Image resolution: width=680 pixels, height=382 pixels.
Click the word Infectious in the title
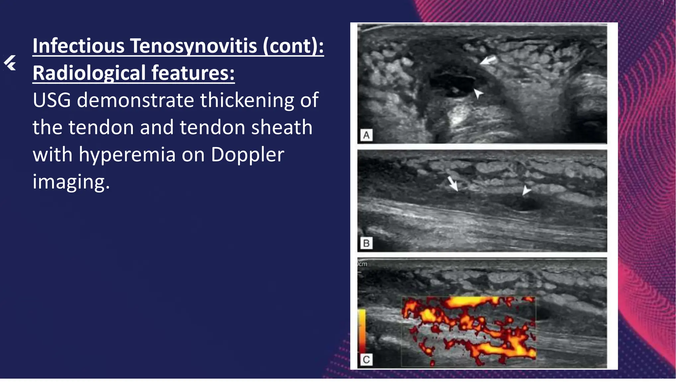[x=78, y=46]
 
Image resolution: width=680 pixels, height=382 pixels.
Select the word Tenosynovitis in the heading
[x=194, y=46]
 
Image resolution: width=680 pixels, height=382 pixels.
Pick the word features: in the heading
[x=193, y=73]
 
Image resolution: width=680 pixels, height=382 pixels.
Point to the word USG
[x=52, y=100]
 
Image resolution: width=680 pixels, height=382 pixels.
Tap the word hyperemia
[x=127, y=155]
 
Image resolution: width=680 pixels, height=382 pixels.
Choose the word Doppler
[x=247, y=155]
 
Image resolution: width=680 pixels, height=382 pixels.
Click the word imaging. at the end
[x=71, y=182]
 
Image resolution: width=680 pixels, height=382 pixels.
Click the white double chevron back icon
[x=10, y=63]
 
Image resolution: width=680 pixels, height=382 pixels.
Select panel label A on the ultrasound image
[x=366, y=135]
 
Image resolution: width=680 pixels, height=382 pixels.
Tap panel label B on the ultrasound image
[x=366, y=243]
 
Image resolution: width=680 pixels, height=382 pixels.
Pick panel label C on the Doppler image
[x=366, y=359]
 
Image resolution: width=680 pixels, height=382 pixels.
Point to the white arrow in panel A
[x=488, y=60]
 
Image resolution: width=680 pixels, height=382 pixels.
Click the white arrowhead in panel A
[x=478, y=93]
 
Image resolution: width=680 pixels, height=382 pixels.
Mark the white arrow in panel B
[x=453, y=183]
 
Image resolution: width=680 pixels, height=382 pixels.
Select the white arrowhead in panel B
[x=526, y=190]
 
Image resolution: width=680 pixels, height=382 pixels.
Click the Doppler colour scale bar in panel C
[x=362, y=330]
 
